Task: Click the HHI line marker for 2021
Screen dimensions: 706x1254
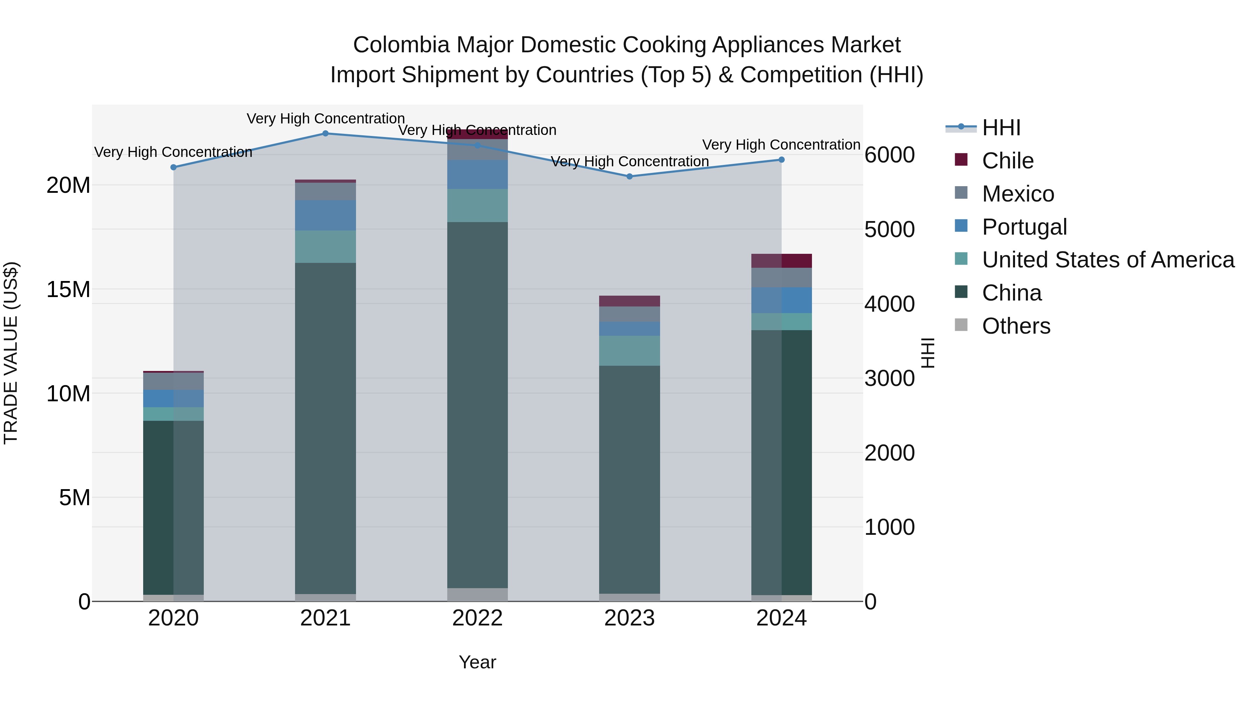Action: pyautogui.click(x=326, y=134)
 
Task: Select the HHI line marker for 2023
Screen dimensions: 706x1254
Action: pyautogui.click(x=629, y=176)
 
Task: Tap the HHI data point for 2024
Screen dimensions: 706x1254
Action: pyautogui.click(x=781, y=160)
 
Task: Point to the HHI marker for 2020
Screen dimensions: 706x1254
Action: pyautogui.click(x=174, y=167)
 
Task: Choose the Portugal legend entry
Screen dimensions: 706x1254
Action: pyautogui.click(x=1024, y=227)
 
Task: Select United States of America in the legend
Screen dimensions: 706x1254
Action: pyautogui.click(x=1107, y=260)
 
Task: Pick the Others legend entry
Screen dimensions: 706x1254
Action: pyautogui.click(x=1016, y=326)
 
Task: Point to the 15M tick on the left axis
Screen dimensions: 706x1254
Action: pyautogui.click(x=68, y=289)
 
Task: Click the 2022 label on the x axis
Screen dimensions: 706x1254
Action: pyautogui.click(x=477, y=618)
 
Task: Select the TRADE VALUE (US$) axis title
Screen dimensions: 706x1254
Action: pyautogui.click(x=11, y=353)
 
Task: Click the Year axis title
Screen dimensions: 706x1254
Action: pyautogui.click(x=477, y=662)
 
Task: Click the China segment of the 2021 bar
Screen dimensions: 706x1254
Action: pyautogui.click(x=326, y=429)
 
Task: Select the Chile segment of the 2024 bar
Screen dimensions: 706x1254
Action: pyautogui.click(x=781, y=261)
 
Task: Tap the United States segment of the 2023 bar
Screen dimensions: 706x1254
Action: pyautogui.click(x=629, y=351)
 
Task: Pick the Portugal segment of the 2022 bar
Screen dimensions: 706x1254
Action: pyautogui.click(x=477, y=174)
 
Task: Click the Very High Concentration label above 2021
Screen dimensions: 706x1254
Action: pyautogui.click(x=326, y=119)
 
